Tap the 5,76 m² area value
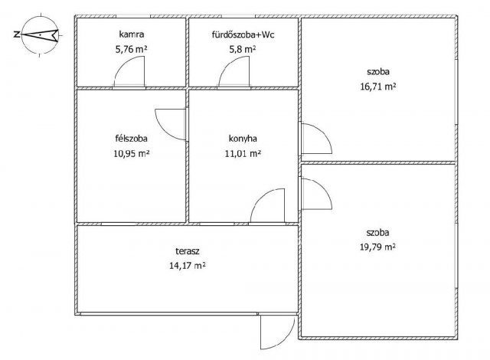131,49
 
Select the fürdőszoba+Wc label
243,34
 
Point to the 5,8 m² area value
243,49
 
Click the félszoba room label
131,138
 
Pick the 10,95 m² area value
131,153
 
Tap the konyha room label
243,139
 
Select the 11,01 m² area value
243,153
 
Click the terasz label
188,250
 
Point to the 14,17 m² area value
188,266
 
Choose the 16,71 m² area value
378,87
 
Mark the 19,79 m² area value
377,247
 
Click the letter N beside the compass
17,34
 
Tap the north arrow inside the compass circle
40,34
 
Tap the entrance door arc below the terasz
285,340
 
